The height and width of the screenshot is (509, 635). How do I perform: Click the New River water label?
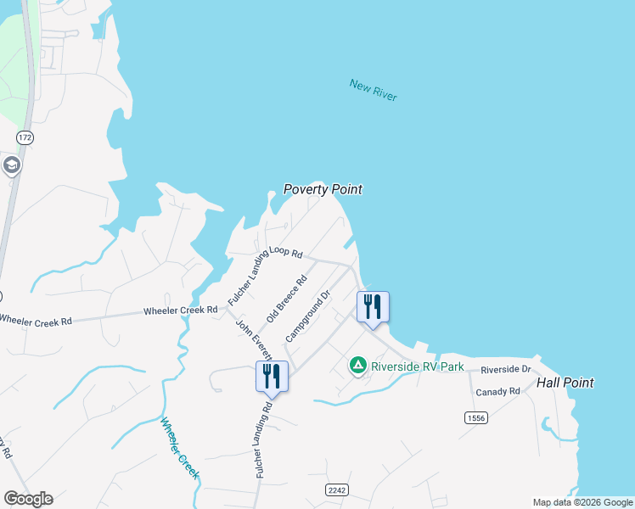click(x=374, y=89)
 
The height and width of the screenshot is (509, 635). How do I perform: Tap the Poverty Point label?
click(x=323, y=189)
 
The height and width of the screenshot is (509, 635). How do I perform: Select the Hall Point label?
click(x=565, y=383)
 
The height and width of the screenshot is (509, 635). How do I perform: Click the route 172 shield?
click(x=25, y=136)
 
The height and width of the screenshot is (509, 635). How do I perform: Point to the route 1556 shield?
click(x=475, y=417)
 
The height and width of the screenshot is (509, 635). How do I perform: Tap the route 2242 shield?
click(x=337, y=490)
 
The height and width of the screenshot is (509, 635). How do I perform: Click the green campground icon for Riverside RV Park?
click(x=358, y=366)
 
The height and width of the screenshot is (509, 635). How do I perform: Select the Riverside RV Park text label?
click(x=418, y=366)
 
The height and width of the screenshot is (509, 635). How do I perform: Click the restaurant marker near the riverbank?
click(x=372, y=307)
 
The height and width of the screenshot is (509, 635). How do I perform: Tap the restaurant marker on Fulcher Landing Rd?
click(x=272, y=377)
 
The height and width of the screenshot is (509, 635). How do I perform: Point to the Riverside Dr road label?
click(x=505, y=370)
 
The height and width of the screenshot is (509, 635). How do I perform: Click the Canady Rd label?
click(x=497, y=391)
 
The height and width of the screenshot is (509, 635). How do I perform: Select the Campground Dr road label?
click(x=307, y=315)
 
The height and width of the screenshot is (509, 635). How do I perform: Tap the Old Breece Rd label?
click(x=286, y=299)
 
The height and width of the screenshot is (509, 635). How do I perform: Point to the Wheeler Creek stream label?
click(x=179, y=448)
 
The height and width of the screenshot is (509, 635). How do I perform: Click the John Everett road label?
click(x=253, y=339)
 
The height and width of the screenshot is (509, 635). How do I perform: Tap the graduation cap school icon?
click(x=12, y=165)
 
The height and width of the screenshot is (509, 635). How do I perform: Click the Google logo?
click(x=28, y=499)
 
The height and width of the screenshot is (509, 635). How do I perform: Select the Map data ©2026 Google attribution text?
click(x=582, y=502)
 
